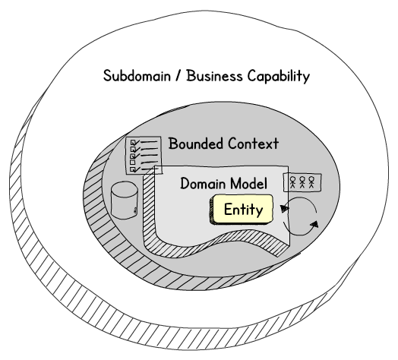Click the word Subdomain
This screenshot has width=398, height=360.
137,76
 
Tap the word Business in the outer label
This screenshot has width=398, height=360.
214,76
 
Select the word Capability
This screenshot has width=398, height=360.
279,76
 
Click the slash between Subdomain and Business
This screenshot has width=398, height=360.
178,76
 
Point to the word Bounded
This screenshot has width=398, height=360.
196,144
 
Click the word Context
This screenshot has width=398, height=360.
253,144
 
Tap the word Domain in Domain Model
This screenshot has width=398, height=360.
202,183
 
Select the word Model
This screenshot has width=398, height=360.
247,183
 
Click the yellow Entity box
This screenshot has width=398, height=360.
242,210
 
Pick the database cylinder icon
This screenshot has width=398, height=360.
125,200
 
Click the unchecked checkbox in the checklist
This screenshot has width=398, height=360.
132,162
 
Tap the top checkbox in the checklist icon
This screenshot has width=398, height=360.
133,143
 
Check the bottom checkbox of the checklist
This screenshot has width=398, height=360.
132,169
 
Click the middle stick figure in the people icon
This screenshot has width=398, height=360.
302,182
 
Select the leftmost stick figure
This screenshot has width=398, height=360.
293,182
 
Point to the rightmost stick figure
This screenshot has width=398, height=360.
311,182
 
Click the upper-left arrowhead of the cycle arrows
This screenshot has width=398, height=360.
284,209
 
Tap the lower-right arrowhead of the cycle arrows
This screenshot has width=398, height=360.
314,224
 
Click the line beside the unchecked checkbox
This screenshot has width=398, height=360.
149,162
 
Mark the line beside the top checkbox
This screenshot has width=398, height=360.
149,142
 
